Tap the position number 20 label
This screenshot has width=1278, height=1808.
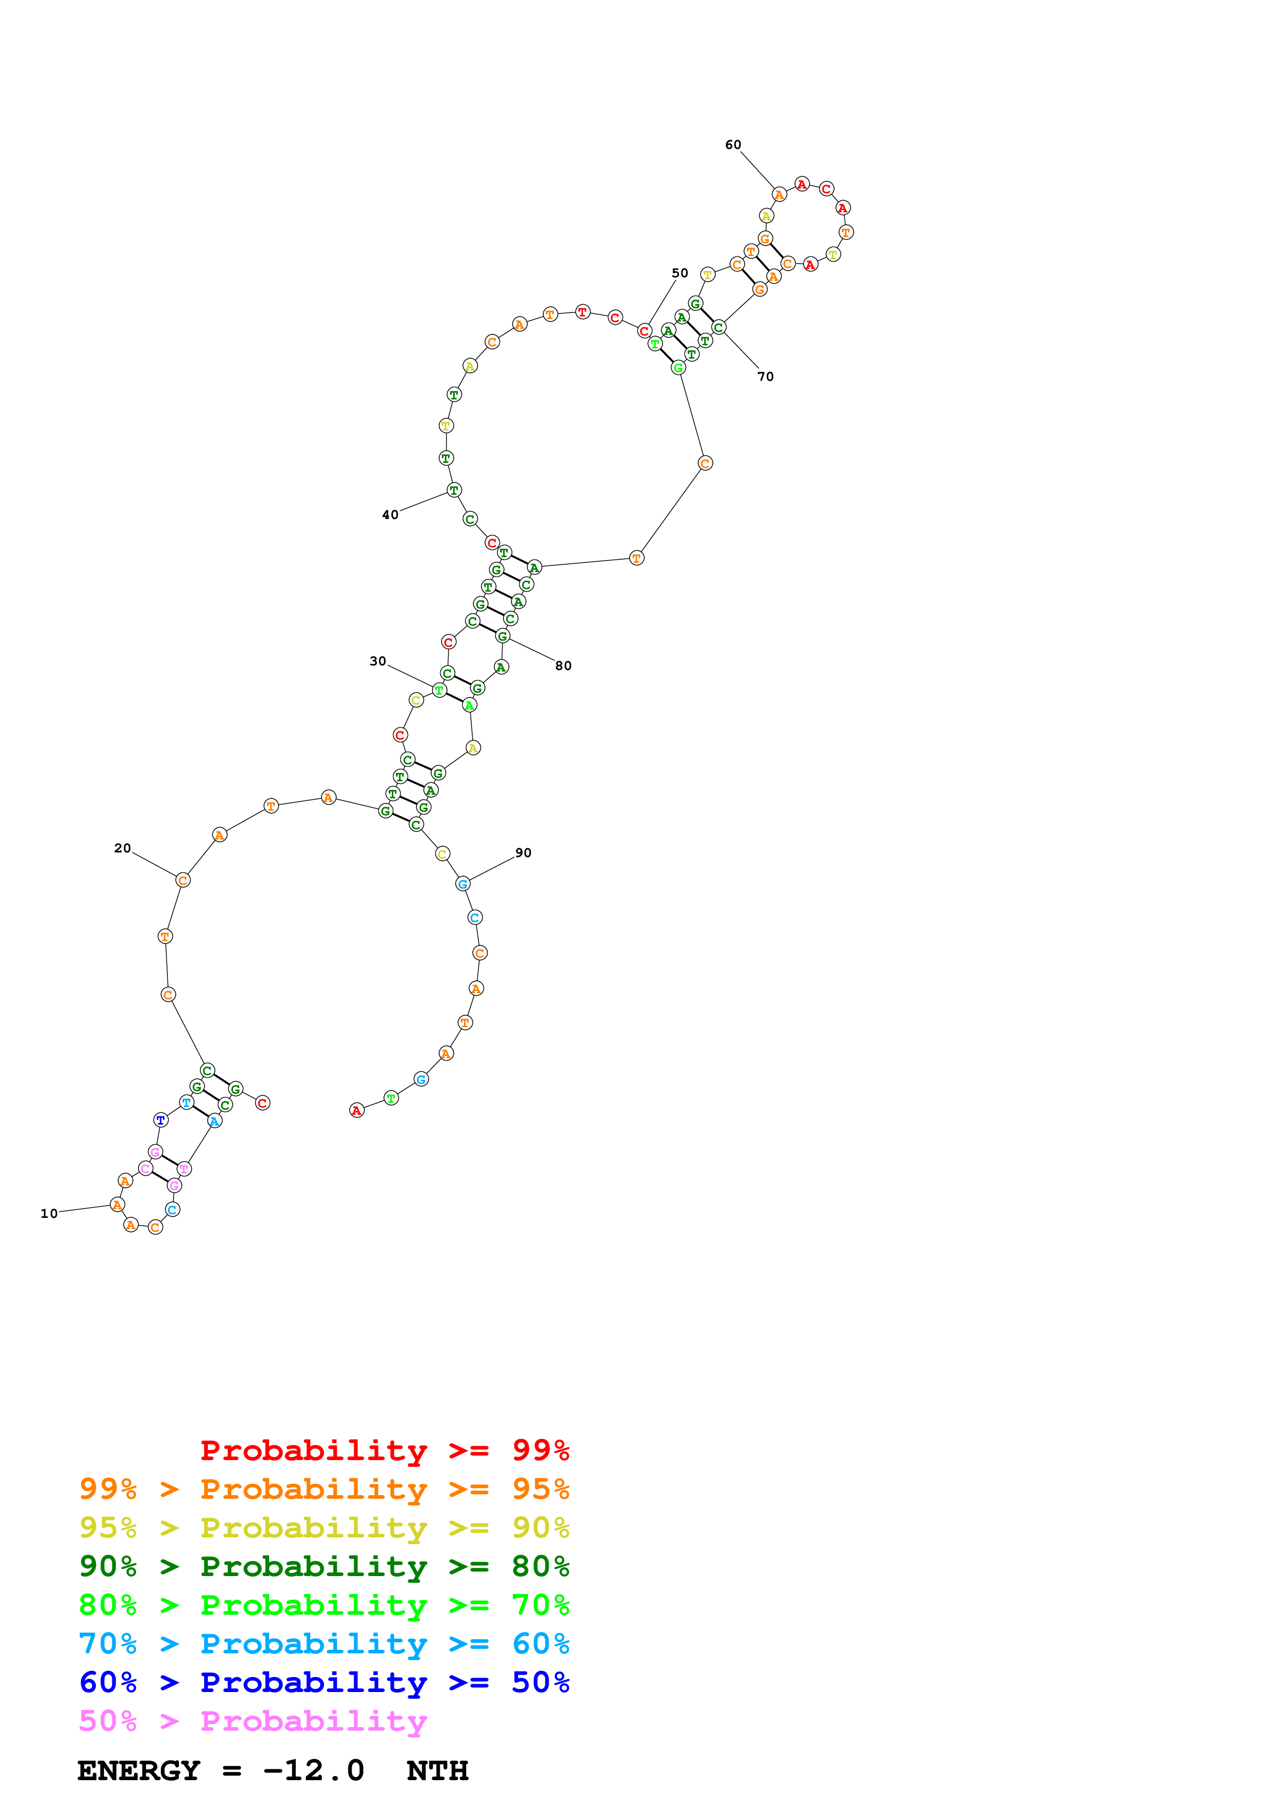(x=122, y=848)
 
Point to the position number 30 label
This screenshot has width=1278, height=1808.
(x=378, y=661)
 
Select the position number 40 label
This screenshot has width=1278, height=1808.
(x=390, y=514)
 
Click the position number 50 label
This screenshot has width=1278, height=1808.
(x=679, y=273)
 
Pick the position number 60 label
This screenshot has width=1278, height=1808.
(x=733, y=144)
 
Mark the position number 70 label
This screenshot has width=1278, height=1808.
(x=766, y=376)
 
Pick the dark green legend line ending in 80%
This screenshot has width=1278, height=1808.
(x=324, y=1566)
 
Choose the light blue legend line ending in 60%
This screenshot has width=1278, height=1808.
(x=324, y=1644)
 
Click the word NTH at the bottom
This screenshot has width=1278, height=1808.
(x=437, y=1771)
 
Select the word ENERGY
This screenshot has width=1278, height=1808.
(x=139, y=1771)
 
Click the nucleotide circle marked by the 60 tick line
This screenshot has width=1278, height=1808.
(x=779, y=194)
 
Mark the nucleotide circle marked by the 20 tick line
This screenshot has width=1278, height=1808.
(x=182, y=880)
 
